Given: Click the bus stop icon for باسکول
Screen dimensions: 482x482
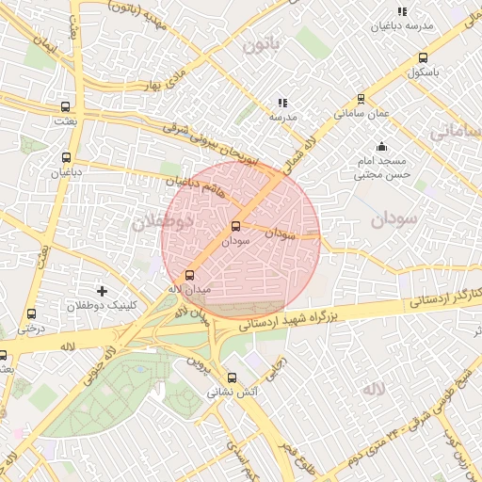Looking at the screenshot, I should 423,56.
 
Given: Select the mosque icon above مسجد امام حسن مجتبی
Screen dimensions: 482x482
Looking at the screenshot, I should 381,146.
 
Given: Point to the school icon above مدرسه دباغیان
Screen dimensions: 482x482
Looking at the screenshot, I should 402,11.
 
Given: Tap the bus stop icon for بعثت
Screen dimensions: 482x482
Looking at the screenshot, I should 65,106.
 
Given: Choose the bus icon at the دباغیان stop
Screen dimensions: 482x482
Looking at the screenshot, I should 66,158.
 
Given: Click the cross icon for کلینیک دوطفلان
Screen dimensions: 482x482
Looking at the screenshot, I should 103,291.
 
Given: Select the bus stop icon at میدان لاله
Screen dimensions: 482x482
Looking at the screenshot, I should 190,275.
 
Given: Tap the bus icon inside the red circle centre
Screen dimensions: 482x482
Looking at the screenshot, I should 235,226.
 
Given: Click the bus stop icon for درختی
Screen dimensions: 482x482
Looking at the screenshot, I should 32,313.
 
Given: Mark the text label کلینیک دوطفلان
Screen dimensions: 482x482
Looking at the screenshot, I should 103,307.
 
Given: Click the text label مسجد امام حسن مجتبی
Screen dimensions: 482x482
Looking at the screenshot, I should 381,168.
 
